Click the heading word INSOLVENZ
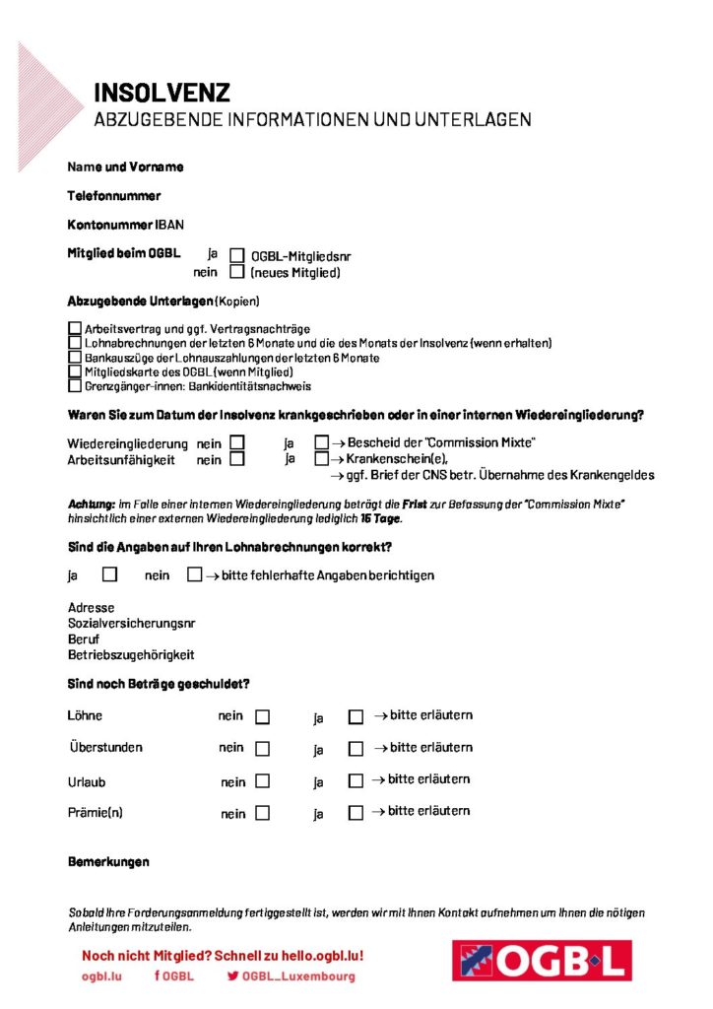[162, 94]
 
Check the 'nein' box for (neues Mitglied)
[237, 272]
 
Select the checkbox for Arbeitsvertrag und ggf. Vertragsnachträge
[75, 327]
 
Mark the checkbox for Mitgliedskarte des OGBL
[75, 372]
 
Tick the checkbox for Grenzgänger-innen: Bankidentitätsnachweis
[75, 387]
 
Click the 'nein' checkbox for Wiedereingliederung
[237, 443]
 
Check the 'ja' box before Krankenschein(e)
[321, 459]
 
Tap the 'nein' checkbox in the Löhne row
[262, 716]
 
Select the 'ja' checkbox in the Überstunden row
[356, 749]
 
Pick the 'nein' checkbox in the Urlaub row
[262, 781]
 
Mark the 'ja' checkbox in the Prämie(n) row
[356, 814]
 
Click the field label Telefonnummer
[113, 196]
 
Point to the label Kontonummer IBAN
[125, 225]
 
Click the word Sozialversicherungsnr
[131, 624]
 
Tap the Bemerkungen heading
[108, 862]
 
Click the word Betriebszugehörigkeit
[131, 655]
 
